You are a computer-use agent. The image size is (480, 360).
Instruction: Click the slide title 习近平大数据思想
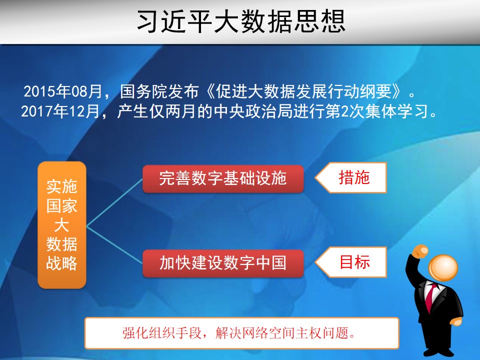click(x=241, y=21)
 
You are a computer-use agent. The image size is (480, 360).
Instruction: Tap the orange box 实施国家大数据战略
click(x=62, y=225)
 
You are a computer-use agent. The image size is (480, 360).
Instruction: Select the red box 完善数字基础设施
click(x=223, y=179)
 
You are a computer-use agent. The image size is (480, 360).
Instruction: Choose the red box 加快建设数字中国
click(x=223, y=263)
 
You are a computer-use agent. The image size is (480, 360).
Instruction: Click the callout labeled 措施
click(x=351, y=177)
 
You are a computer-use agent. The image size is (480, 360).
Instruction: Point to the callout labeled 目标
click(x=351, y=262)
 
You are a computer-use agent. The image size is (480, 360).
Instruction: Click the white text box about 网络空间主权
click(x=242, y=333)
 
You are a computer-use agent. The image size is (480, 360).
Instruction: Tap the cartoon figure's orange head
click(x=443, y=268)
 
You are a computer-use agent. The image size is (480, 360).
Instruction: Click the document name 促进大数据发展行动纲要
click(x=303, y=91)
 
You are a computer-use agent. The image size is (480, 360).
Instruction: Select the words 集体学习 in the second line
click(x=396, y=111)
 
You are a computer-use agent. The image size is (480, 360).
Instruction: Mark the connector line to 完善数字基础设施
click(x=115, y=202)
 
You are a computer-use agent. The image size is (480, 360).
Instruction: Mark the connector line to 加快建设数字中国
click(x=115, y=245)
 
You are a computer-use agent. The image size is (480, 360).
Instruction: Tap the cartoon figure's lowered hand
click(x=456, y=321)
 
